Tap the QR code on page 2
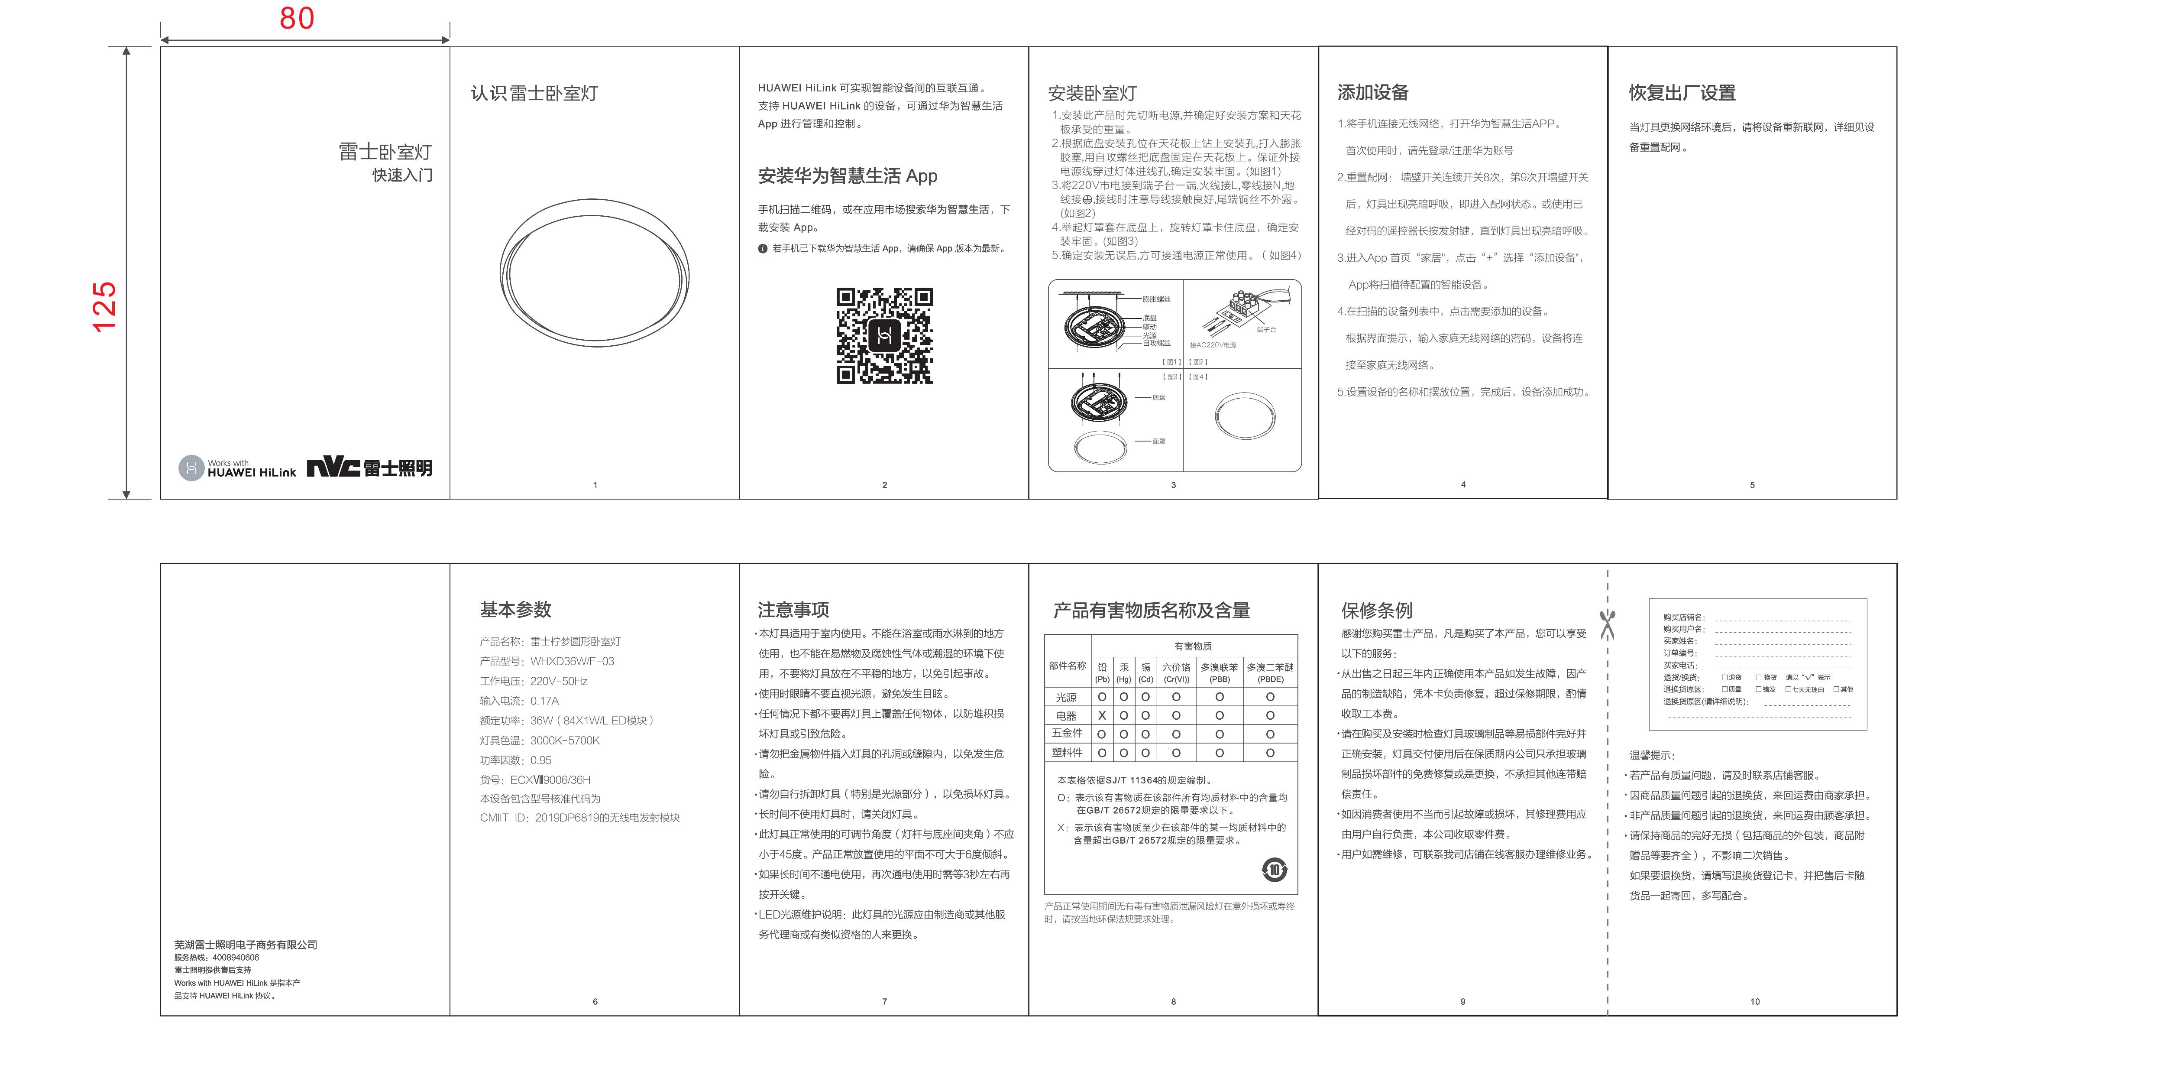point(884,335)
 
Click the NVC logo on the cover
point(333,467)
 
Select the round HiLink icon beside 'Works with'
point(191,468)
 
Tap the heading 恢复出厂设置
point(1681,93)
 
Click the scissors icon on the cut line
point(1607,625)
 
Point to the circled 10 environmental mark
point(1274,869)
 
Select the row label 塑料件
point(1067,752)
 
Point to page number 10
point(1755,1002)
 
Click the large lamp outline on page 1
point(594,272)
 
